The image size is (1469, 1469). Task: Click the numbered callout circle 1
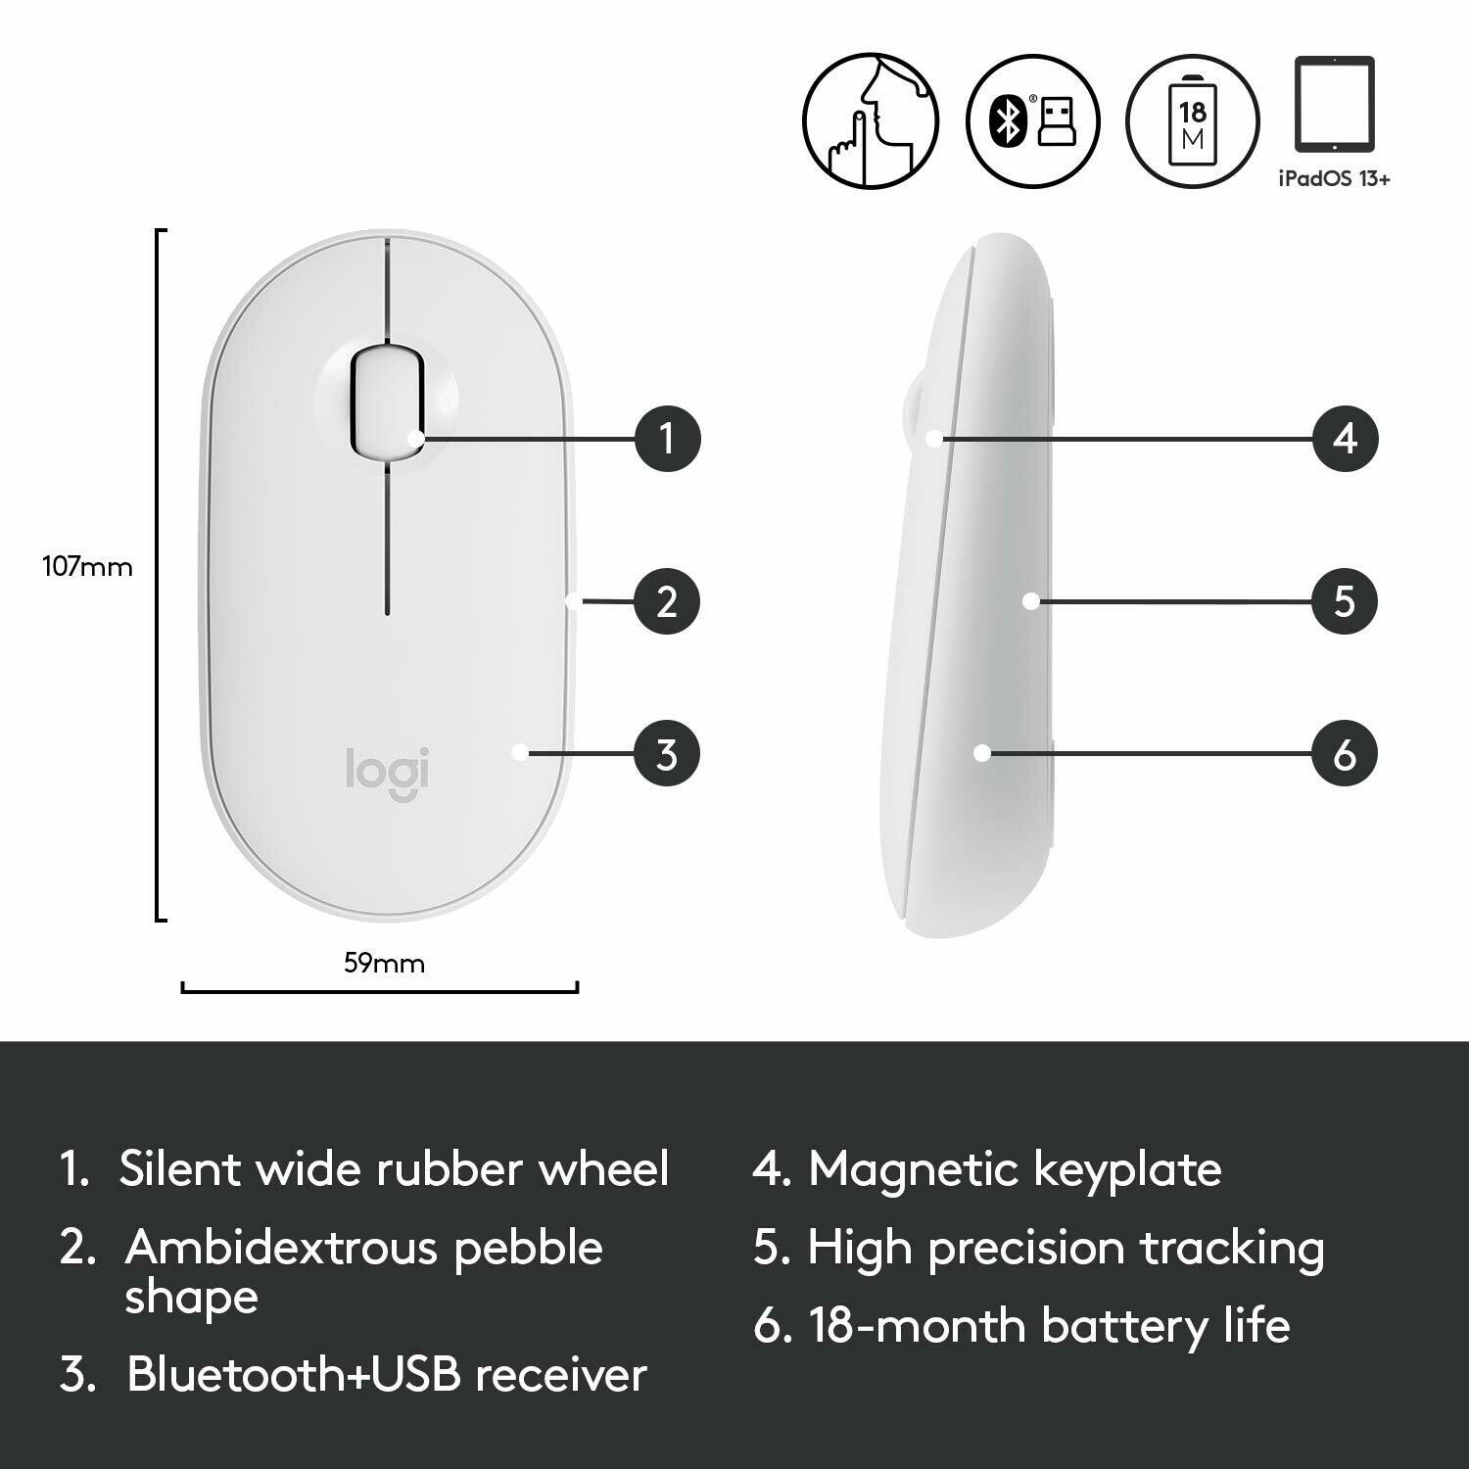(667, 438)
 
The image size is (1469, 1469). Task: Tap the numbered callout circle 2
(667, 601)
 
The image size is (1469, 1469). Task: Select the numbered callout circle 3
(667, 754)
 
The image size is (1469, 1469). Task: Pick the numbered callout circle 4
(1345, 438)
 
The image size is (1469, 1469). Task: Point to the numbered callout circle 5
(1345, 601)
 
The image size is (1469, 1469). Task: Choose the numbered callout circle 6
(1345, 754)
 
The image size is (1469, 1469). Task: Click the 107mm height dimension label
(87, 567)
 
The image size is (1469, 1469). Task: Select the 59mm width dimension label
(384, 964)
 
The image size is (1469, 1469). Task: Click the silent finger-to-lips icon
(871, 119)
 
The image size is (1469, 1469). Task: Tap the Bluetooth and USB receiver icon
(1032, 120)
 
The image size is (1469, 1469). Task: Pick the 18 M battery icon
(1192, 120)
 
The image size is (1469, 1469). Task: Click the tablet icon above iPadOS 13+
(1334, 104)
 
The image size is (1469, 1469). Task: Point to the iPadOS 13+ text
(1334, 179)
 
